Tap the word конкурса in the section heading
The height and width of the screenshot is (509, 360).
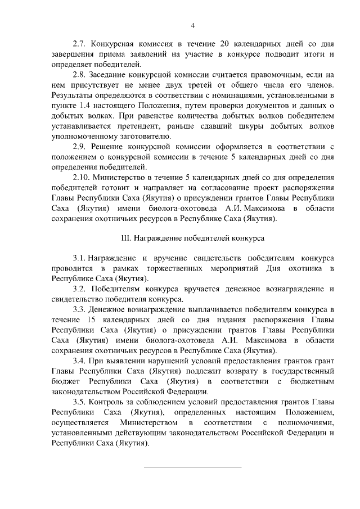(248, 238)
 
